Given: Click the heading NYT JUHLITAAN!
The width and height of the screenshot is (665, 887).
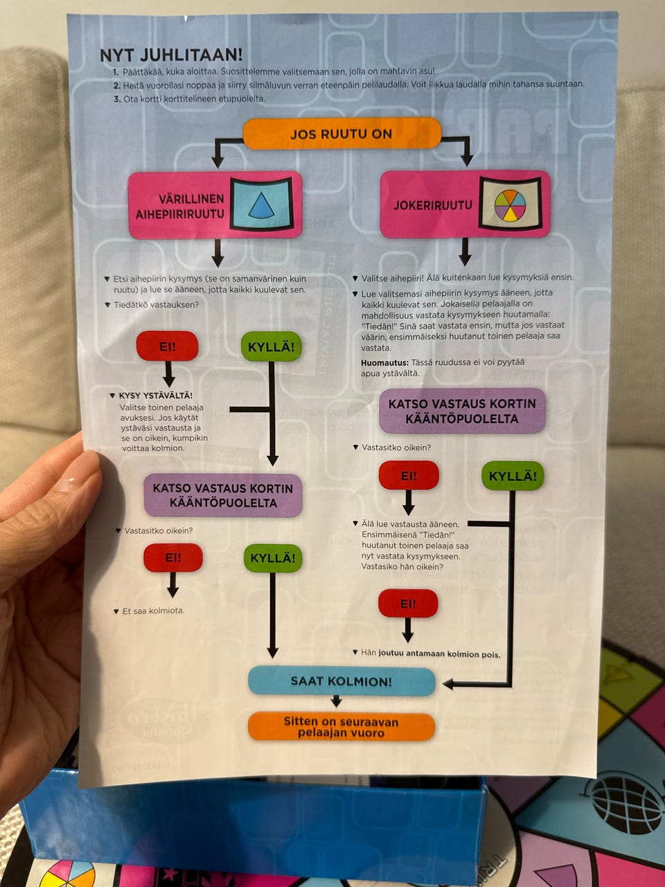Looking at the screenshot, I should [x=171, y=55].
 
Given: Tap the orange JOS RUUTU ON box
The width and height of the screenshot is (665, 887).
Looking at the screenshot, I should [x=342, y=134].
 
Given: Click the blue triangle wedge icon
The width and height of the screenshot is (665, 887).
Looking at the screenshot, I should [x=261, y=204].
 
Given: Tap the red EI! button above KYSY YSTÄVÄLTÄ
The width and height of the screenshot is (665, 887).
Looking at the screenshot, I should [x=167, y=346].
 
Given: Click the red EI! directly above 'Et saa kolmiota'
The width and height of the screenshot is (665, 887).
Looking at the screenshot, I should [x=172, y=557].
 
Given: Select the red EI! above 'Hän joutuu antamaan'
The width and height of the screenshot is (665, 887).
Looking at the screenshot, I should [x=408, y=604].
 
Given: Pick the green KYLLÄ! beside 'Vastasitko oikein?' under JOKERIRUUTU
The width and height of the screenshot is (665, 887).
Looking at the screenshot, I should [x=513, y=476].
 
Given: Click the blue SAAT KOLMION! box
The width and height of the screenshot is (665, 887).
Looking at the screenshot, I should [x=342, y=681].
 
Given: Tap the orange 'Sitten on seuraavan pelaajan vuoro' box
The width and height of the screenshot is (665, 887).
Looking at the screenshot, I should [x=341, y=727].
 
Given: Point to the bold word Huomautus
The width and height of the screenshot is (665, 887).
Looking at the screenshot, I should [x=384, y=362].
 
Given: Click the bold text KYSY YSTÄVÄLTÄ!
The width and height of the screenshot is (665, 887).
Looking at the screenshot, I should [x=156, y=396].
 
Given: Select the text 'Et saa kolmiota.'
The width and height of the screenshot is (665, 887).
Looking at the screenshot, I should [x=153, y=611].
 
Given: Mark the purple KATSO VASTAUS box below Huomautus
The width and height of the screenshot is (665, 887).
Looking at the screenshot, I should [x=462, y=411].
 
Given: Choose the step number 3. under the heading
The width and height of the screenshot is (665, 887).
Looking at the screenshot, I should [x=117, y=99].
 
